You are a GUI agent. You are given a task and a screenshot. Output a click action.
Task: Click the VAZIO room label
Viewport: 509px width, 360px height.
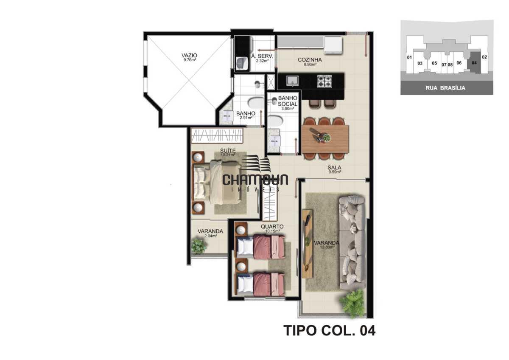pos(189,55)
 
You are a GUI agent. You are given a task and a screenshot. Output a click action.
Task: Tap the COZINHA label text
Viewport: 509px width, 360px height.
pos(310,60)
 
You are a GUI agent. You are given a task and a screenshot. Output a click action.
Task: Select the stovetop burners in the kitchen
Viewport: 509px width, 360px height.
pos(324,81)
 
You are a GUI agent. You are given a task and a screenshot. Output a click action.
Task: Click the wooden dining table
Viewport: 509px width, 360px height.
pos(325,139)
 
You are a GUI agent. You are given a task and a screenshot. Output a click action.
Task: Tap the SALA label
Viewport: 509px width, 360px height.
pos(334,168)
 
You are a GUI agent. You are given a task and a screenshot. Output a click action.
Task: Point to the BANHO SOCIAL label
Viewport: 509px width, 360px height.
pos(287,101)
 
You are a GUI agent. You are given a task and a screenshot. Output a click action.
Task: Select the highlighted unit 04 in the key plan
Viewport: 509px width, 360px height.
pos(474,62)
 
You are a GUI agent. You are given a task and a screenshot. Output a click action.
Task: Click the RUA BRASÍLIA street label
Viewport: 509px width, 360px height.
pos(447,88)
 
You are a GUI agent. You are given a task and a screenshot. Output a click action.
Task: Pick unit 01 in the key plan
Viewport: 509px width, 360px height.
pos(409,57)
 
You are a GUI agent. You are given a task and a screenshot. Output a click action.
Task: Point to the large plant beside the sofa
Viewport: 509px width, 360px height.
pos(353,302)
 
